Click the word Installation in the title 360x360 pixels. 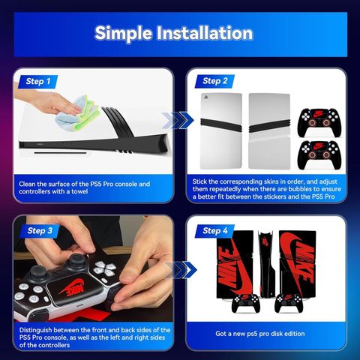click(205, 33)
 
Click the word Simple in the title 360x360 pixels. click(124, 34)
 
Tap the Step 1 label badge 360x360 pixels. click(38, 82)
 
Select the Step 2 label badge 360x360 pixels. click(214, 81)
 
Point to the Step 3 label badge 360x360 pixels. click(40, 231)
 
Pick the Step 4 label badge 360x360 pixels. click(215, 231)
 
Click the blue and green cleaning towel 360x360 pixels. click(77, 112)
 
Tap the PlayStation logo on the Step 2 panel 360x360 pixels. click(206, 97)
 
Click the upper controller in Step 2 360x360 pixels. click(319, 122)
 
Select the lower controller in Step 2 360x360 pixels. click(319, 154)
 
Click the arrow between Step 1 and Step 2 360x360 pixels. click(178, 120)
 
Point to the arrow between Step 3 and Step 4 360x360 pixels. click(181, 270)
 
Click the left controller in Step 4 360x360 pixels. click(246, 303)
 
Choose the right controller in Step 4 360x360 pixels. click(289, 303)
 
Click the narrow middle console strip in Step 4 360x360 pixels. click(266, 265)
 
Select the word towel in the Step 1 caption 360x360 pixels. click(79, 192)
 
